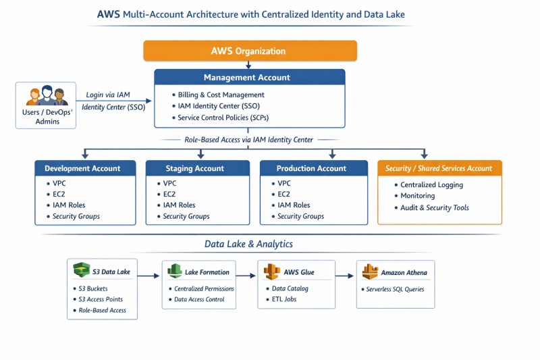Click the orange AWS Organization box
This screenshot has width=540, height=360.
[250, 51]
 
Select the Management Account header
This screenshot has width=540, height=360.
[250, 78]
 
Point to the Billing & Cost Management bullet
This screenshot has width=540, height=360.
[221, 95]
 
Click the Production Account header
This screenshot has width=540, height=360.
[312, 168]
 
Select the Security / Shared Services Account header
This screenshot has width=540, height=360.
[439, 168]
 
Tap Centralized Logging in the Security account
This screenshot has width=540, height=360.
[431, 184]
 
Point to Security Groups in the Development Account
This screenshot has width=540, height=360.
[76, 216]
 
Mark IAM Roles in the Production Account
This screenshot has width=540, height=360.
[294, 205]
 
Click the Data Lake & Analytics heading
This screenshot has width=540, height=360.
[249, 244]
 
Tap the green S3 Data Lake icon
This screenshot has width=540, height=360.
[82, 271]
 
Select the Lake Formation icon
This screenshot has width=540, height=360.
[175, 272]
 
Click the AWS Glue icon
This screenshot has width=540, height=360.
[272, 272]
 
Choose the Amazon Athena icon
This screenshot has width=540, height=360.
[369, 272]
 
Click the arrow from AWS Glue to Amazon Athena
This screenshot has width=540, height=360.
[345, 275]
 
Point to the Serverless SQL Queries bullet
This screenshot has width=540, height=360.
[395, 288]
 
